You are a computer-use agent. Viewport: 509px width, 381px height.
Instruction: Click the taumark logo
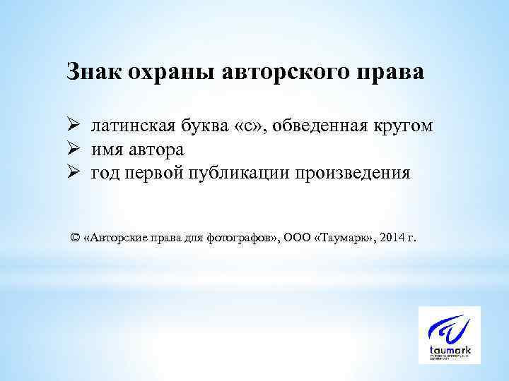tap(449, 334)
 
